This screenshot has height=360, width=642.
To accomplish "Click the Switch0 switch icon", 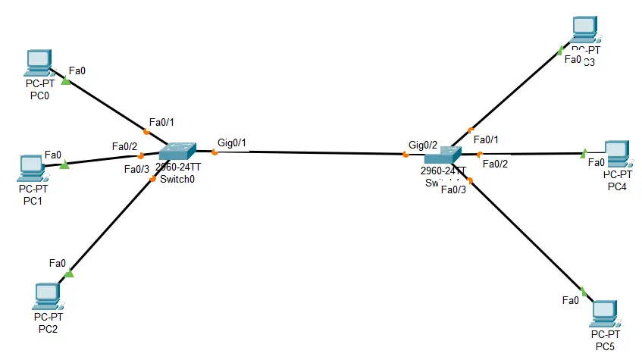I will point(177,150).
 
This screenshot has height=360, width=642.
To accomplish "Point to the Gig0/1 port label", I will point(232,142).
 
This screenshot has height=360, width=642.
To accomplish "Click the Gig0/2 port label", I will point(423,144).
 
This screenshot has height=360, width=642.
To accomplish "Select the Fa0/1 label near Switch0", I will point(161,121).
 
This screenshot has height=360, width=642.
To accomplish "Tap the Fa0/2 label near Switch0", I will point(124,146).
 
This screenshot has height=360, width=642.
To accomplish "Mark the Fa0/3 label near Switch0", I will point(136,169).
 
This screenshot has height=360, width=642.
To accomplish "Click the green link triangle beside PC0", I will point(65,81).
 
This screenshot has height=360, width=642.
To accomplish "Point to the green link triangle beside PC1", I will point(64,163).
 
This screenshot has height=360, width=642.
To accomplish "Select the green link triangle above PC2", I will point(69,273).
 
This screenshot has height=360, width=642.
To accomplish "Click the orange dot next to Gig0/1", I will point(215,152).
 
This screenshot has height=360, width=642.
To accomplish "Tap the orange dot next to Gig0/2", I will point(406,155).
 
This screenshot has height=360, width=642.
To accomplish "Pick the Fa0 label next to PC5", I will point(571,300).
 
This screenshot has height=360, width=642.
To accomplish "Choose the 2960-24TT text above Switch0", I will point(178,167).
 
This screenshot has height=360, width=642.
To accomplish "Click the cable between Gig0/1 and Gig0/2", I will point(311,154).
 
